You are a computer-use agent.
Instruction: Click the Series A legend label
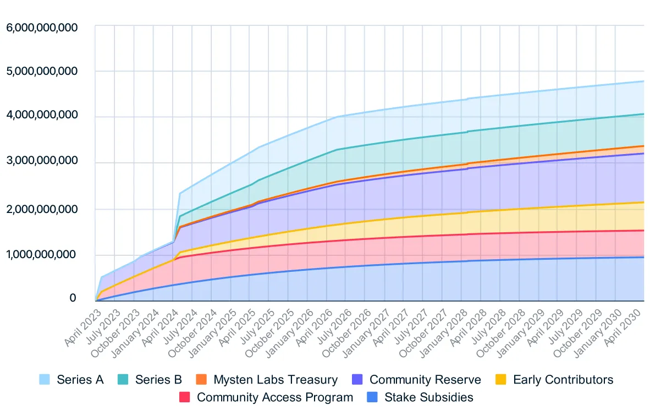[80, 379]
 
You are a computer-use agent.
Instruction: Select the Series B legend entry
[158, 379]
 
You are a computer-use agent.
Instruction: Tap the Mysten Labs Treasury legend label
[276, 379]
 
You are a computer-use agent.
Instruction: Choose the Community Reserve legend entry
[425, 379]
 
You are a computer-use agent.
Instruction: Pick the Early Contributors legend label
[563, 379]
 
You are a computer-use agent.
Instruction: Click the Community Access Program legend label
[275, 397]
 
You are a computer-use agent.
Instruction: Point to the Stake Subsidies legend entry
[429, 397]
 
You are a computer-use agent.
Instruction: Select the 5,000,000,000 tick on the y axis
[42, 72]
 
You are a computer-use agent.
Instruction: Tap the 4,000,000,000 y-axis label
[42, 116]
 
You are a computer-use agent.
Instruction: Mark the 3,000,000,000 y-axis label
[42, 161]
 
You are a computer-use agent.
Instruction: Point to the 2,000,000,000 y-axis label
[42, 208]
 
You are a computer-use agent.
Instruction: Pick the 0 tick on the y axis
[72, 298]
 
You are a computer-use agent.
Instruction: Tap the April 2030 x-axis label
[625, 327]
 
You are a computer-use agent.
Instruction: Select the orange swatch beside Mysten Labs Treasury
[201, 379]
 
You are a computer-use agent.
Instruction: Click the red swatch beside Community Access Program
[185, 397]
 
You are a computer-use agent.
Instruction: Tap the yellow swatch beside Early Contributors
[500, 379]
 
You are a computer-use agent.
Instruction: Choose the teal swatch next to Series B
[123, 379]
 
